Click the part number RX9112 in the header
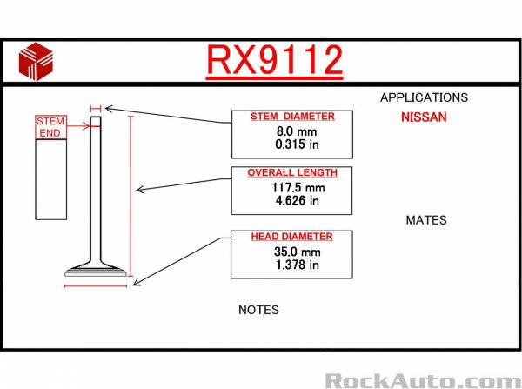click(275, 60)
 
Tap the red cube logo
click(36, 61)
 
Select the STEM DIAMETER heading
click(292, 117)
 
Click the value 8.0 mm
click(297, 131)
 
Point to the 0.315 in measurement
click(297, 144)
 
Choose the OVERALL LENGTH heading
click(292, 172)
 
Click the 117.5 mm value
click(298, 187)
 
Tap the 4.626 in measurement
click(297, 200)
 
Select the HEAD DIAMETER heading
click(291, 237)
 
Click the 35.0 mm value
click(298, 252)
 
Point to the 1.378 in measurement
click(297, 265)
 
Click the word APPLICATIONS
click(425, 97)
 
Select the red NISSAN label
click(424, 117)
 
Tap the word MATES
click(426, 220)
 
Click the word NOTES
click(258, 310)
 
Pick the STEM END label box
click(50, 127)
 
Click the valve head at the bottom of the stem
click(96, 272)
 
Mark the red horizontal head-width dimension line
click(96, 285)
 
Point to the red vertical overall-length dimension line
click(130, 196)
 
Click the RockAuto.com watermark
click(423, 380)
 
